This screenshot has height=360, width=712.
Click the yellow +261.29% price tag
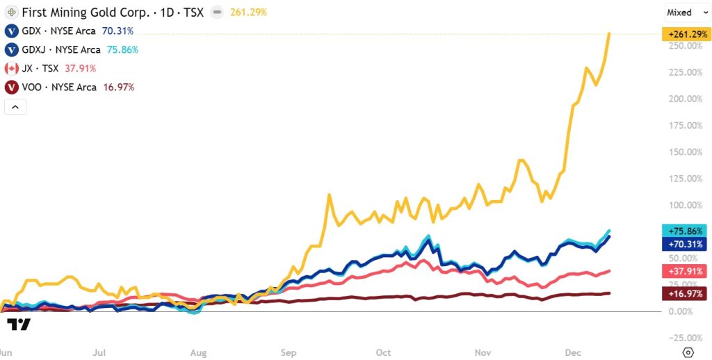pos(683,34)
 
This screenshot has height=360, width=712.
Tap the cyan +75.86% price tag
pos(683,231)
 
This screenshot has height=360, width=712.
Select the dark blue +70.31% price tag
pos(683,244)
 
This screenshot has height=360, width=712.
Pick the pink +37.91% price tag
pos(683,271)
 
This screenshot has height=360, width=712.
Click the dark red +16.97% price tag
pos(683,295)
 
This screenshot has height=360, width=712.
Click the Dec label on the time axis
pos(574,352)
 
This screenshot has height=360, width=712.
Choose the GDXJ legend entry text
pos(60,50)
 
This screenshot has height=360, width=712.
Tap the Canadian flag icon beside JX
pos(11,69)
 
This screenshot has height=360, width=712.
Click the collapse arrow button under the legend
pos(15,106)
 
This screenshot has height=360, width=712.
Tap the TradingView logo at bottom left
pos(19,324)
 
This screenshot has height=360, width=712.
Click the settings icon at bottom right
pos(688,352)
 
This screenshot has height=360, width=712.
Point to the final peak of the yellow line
pos(610,33)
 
